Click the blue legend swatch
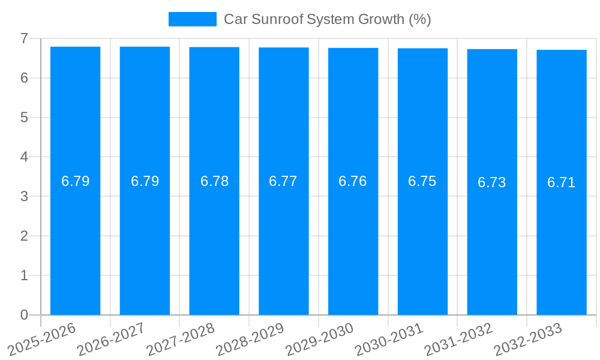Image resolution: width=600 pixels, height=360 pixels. pyautogui.click(x=192, y=19)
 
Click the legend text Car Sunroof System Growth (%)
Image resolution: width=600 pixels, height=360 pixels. pyautogui.click(x=327, y=19)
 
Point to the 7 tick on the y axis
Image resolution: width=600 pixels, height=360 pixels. pyautogui.click(x=24, y=38)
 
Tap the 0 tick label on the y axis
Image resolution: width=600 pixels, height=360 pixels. pyautogui.click(x=24, y=315)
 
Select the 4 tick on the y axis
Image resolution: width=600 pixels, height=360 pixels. pyautogui.click(x=24, y=157)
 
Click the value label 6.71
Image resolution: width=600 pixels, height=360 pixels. pyautogui.click(x=561, y=182)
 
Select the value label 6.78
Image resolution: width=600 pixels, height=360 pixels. pyautogui.click(x=214, y=181)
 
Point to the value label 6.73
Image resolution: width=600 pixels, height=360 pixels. pyautogui.click(x=491, y=182)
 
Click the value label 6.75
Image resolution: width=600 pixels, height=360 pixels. pyautogui.click(x=422, y=181)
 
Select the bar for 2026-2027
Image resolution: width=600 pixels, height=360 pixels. pyautogui.click(x=145, y=240)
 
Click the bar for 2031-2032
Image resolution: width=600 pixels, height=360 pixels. pyautogui.click(x=492, y=240)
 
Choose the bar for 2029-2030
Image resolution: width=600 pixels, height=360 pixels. pyautogui.click(x=353, y=240)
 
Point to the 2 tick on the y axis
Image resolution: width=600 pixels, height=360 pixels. pyautogui.click(x=24, y=236)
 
